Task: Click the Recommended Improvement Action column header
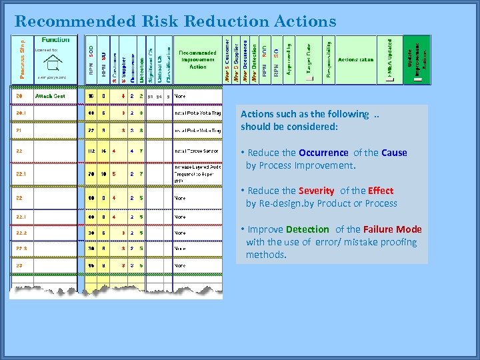(x=197, y=60)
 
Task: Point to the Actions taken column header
(x=356, y=60)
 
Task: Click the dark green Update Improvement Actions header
(x=417, y=60)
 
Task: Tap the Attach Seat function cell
(x=50, y=96)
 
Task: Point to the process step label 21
(x=19, y=130)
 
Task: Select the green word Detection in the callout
(x=307, y=229)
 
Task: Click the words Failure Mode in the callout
(x=393, y=229)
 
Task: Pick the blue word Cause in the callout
(x=394, y=153)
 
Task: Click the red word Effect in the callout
(x=381, y=191)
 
